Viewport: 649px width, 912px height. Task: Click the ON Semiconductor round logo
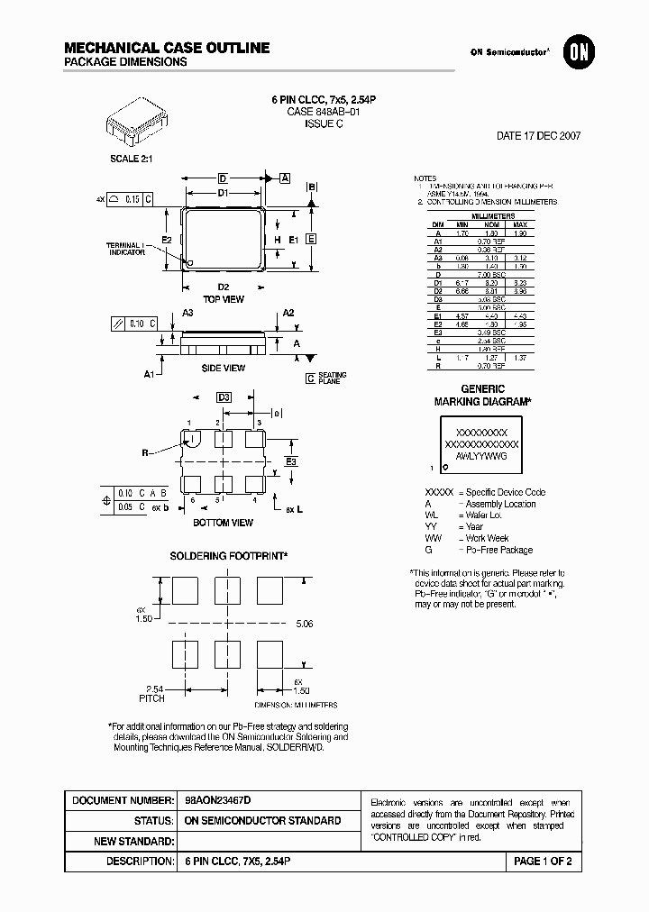pos(576,52)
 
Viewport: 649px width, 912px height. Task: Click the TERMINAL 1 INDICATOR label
pos(126,249)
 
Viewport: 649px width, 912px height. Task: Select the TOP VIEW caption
pos(224,299)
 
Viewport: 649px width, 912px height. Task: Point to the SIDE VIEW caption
pos(223,368)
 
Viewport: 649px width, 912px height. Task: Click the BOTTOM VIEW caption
pos(224,523)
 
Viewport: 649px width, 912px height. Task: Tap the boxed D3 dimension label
pos(224,397)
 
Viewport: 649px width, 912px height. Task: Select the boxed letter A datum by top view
pos(285,178)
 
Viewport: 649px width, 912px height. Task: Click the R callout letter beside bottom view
pos(143,453)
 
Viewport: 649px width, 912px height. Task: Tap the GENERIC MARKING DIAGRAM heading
pos(482,396)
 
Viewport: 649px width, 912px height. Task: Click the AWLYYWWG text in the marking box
pos(481,457)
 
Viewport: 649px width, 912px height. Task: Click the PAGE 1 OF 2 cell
pos(543,862)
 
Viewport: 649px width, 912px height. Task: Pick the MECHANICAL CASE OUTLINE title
pos(167,47)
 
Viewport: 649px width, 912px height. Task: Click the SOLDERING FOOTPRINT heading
pos(229,556)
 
